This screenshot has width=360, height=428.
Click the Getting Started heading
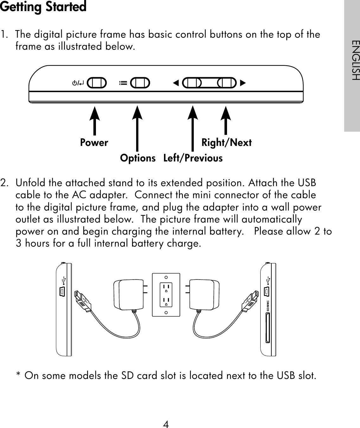(43, 7)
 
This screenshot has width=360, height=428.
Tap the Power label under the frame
(94, 143)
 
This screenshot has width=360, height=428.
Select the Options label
(138, 158)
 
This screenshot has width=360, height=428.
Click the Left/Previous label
(193, 158)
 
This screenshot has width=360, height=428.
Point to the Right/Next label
(226, 143)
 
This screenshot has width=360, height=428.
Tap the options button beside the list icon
(140, 83)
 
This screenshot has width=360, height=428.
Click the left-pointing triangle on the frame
(176, 83)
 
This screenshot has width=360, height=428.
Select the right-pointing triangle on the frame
(243, 83)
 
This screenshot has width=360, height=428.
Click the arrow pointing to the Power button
(94, 120)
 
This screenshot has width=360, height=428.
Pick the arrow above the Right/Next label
(225, 120)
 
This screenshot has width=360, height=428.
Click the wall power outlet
(166, 295)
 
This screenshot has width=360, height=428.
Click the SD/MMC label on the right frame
(268, 306)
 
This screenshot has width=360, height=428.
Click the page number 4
(166, 424)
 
